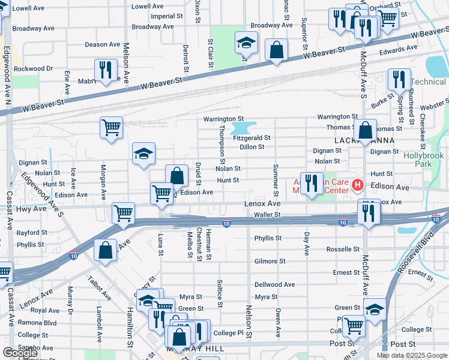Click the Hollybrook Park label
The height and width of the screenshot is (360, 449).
point(423,159)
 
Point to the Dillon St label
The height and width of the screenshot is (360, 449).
point(252,147)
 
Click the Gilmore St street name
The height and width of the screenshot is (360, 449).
point(270,262)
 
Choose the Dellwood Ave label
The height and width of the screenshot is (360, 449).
point(274,284)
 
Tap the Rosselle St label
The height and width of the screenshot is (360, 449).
point(343,249)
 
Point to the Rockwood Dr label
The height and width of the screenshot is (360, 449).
point(34,69)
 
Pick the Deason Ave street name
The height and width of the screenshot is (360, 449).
point(103,44)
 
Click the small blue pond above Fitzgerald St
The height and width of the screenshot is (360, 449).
point(243,128)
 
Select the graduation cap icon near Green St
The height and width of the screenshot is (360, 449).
point(375,311)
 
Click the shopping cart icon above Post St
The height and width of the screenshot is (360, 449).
point(354,326)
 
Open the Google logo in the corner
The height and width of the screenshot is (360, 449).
point(20,353)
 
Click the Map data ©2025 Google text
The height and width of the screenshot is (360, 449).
point(412,355)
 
